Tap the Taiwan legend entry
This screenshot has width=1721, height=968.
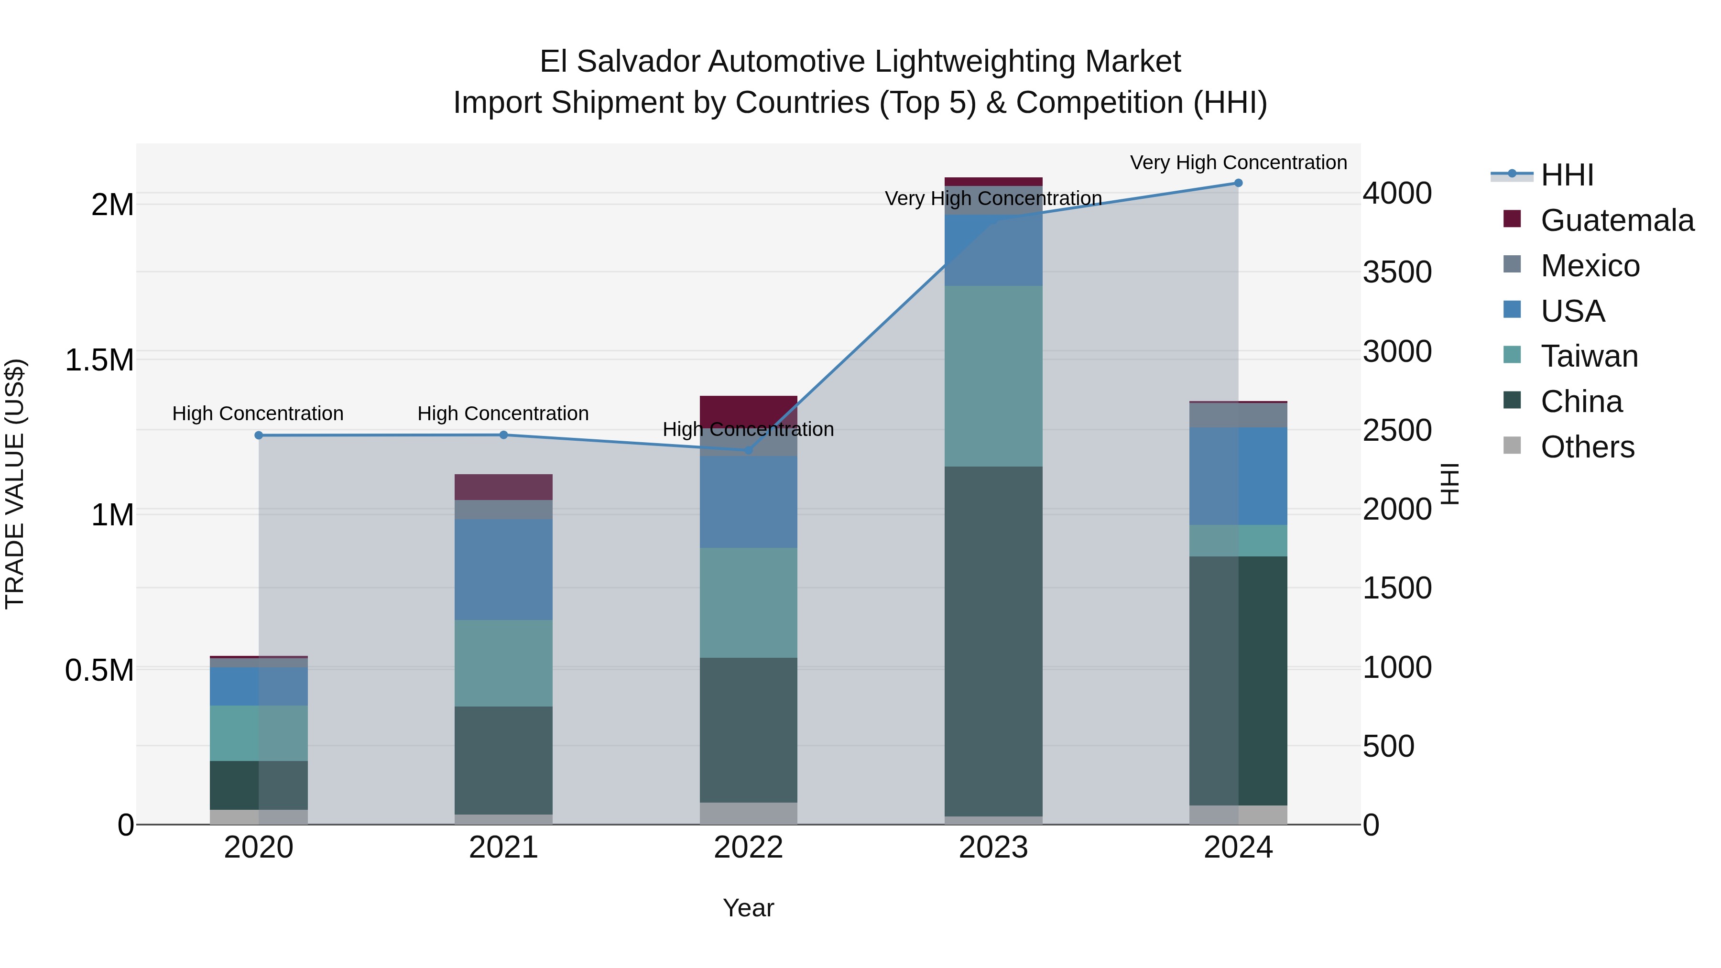pos(1589,356)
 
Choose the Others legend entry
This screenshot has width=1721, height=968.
pos(1587,447)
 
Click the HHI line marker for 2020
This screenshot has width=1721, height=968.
pos(259,435)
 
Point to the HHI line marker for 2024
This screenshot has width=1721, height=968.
pos(1238,183)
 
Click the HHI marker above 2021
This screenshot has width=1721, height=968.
pos(504,435)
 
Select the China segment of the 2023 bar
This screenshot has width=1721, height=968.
pos(993,642)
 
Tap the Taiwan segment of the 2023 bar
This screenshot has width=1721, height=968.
pos(993,376)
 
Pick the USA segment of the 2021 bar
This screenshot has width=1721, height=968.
pos(504,570)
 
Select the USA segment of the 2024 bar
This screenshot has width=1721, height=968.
pos(1238,476)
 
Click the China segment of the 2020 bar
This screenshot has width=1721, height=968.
pos(259,785)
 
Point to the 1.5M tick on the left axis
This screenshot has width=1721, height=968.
pos(99,360)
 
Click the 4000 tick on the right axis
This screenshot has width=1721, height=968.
pos(1397,194)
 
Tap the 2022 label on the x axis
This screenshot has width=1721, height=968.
pos(748,848)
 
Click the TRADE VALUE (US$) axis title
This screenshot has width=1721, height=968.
pos(15,484)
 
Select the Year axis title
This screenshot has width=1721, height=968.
pos(748,908)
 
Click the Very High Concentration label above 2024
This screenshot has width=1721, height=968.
pos(1238,163)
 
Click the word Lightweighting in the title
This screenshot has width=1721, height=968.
pos(975,62)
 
